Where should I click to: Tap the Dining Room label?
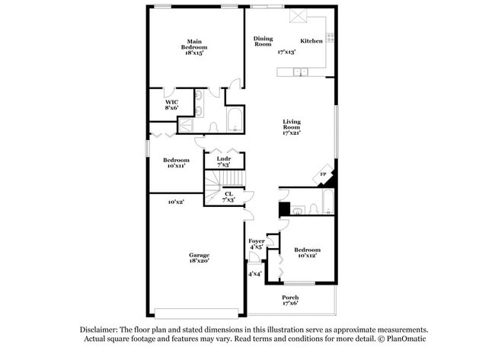(x=263, y=41)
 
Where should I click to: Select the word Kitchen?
(x=311, y=41)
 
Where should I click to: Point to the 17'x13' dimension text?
(x=286, y=52)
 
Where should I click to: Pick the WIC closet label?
(x=171, y=105)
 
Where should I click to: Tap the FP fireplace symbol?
(x=322, y=176)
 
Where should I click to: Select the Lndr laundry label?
(x=223, y=162)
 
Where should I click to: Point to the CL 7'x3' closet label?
(x=228, y=196)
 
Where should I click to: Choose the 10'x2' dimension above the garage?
(x=176, y=202)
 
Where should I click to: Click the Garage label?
(x=200, y=258)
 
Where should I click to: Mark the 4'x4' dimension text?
(x=254, y=274)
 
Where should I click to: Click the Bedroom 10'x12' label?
(x=307, y=253)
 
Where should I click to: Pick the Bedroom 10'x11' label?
(x=175, y=163)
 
